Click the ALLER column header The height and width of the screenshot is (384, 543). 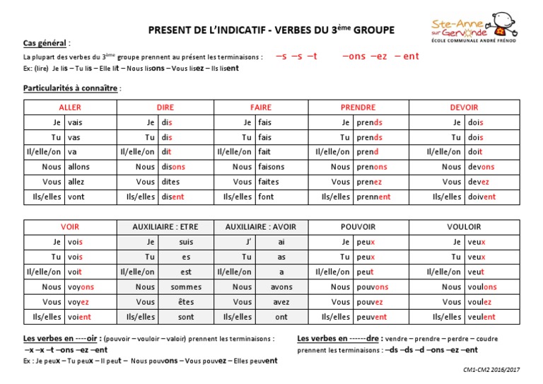[x=71, y=107]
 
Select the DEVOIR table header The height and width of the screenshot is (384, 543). [x=464, y=107]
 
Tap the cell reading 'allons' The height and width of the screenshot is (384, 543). [x=78, y=167]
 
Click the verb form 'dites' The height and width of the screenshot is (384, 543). [x=170, y=182]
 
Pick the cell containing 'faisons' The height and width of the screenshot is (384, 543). [x=271, y=167]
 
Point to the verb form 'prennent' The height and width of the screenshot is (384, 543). [x=373, y=197]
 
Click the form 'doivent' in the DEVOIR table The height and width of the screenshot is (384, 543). [x=481, y=197]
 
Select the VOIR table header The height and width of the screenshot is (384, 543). [x=71, y=227]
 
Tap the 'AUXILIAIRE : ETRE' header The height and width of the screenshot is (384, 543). [x=166, y=227]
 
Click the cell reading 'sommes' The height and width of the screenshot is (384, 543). [x=185, y=287]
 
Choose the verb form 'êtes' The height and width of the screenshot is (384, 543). [x=185, y=302]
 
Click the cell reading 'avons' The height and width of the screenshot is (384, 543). [x=281, y=287]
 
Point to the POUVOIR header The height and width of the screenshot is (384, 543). [x=358, y=227]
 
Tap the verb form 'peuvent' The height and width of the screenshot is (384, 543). [x=372, y=317]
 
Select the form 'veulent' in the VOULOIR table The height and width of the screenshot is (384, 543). [x=481, y=317]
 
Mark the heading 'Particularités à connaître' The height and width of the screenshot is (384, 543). [x=71, y=88]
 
